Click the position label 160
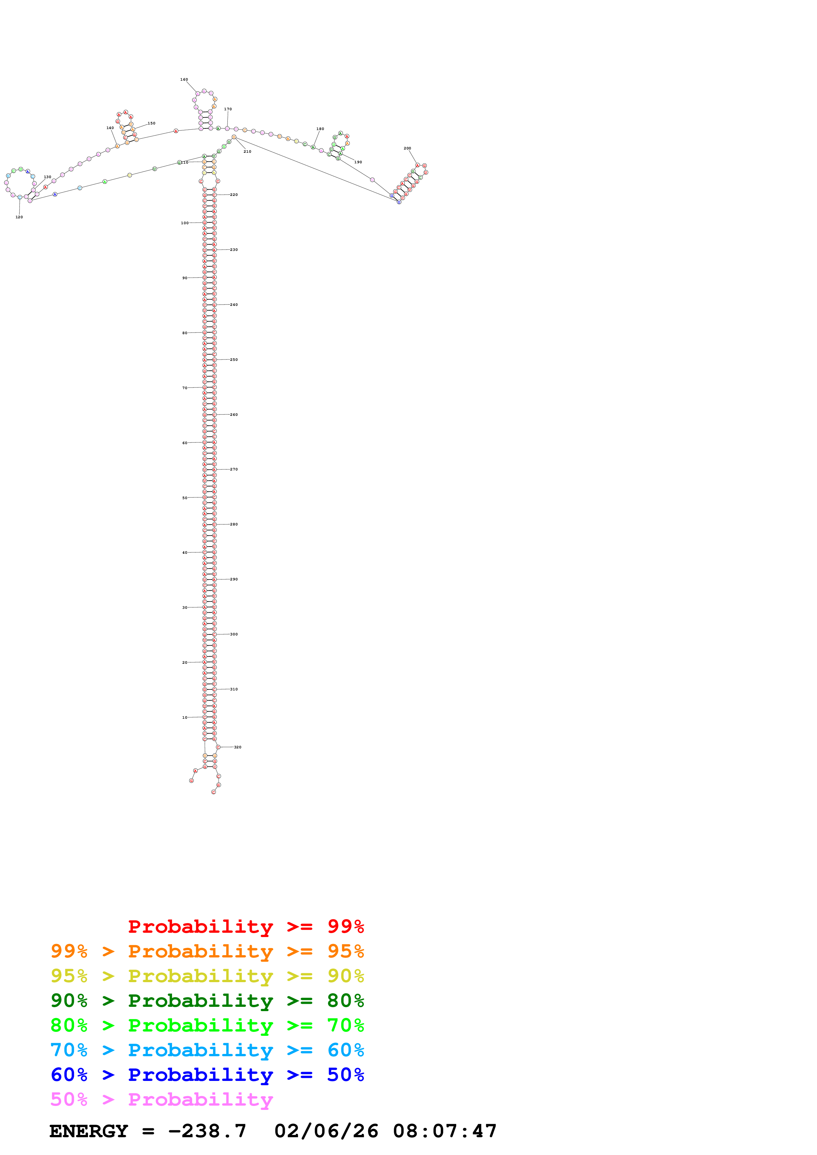point(184,79)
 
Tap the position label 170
point(228,109)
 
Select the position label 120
point(19,217)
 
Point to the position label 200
point(407,148)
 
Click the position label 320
point(238,747)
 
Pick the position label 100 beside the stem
point(185,223)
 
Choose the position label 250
point(234,360)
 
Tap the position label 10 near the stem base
point(185,717)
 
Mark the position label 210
point(247,151)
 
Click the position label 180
point(320,129)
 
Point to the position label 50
point(185,498)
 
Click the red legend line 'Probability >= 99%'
point(246,927)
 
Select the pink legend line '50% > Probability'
point(161,1100)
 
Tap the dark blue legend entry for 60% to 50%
point(207,1075)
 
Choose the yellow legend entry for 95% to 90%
point(207,976)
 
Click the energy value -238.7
point(207,1131)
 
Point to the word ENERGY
point(89,1131)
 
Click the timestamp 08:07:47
point(445,1131)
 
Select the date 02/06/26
point(326,1131)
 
